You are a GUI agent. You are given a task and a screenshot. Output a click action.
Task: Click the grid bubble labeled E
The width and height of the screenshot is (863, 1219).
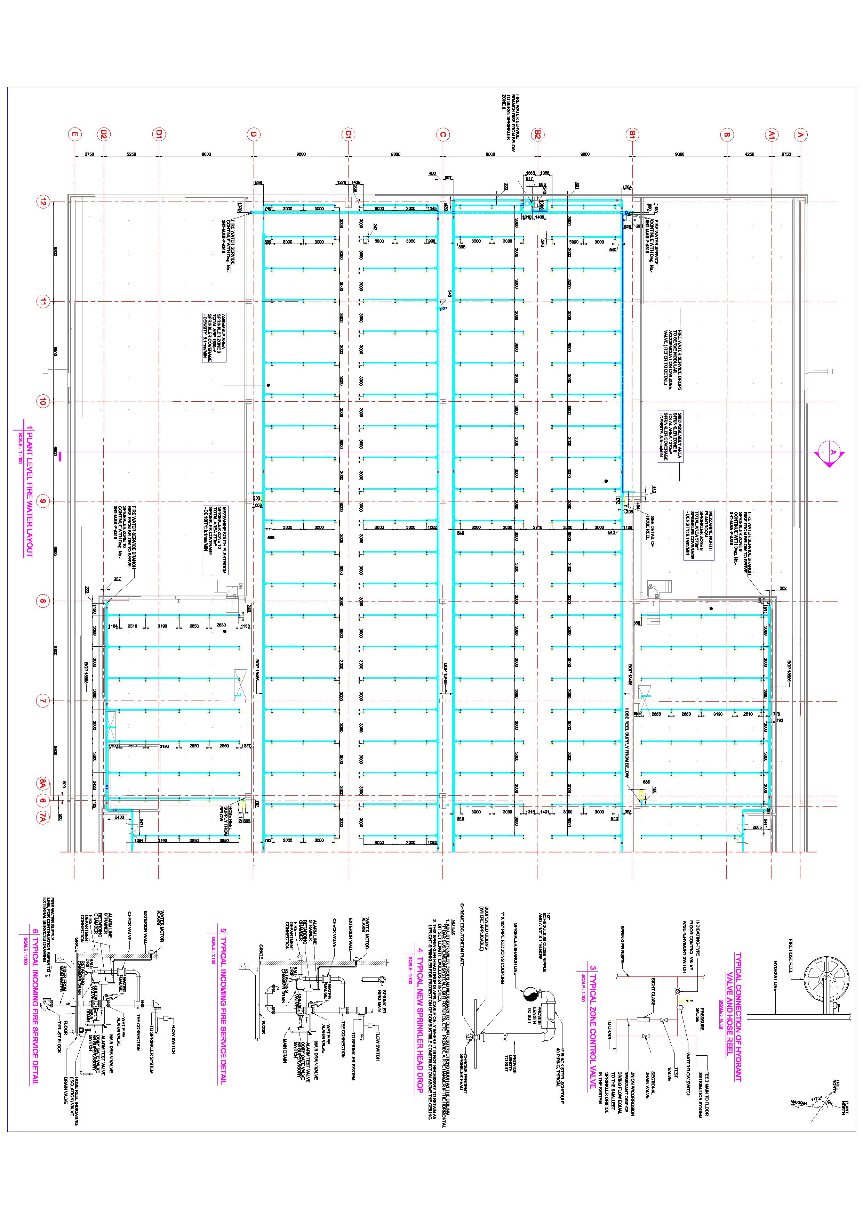(x=75, y=135)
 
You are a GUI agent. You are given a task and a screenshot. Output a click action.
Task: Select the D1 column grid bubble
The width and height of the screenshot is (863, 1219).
(x=158, y=135)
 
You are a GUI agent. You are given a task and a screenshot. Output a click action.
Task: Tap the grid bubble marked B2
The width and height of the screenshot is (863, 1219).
(x=537, y=135)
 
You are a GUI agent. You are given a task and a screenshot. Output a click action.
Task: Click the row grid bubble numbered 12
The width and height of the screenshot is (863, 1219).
(x=42, y=202)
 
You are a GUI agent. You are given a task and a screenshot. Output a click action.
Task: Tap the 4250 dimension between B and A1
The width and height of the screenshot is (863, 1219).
(x=749, y=155)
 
